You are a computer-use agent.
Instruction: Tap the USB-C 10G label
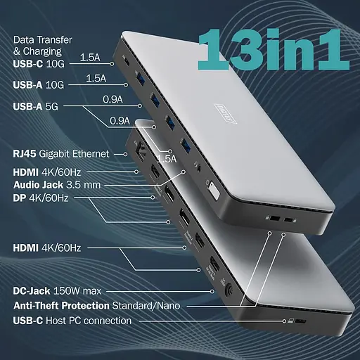click(41, 62)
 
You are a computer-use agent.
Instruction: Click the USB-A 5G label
click(39, 108)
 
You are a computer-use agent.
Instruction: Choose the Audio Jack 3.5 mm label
click(57, 184)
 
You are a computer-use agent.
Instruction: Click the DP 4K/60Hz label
click(41, 198)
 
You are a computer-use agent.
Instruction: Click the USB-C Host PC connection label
click(72, 321)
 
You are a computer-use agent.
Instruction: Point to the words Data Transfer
click(42, 40)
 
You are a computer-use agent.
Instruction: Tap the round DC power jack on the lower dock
click(227, 289)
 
